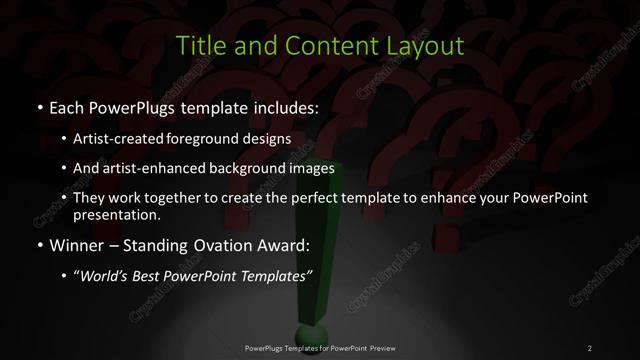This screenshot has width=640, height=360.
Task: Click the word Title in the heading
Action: pyautogui.click(x=199, y=46)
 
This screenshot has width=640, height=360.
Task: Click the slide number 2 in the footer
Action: pyautogui.click(x=589, y=348)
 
